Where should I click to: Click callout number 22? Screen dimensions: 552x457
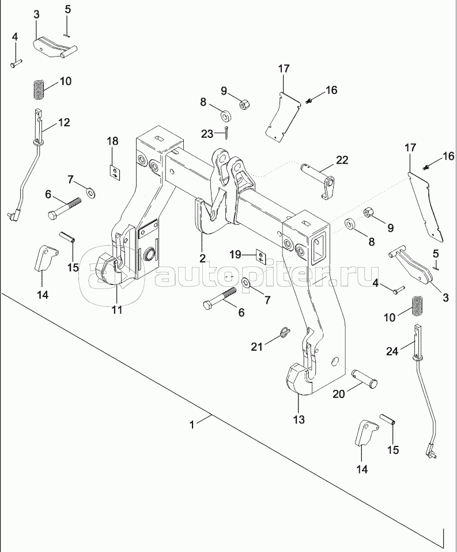pos(342,160)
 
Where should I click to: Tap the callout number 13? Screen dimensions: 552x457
pos(299,419)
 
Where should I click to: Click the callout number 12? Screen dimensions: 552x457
pos(63,122)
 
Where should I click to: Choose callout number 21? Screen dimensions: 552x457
pos(256,346)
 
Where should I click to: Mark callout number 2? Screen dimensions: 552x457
pos(202,257)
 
